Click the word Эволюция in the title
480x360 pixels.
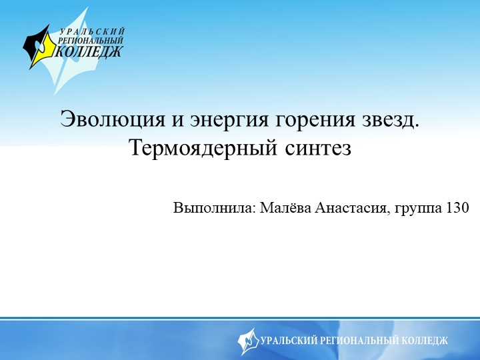(x=101, y=120)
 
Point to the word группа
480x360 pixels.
(x=418, y=208)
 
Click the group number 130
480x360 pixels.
(x=457, y=207)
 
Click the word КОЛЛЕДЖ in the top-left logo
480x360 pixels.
(x=89, y=52)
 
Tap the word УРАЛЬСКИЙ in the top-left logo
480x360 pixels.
(x=93, y=31)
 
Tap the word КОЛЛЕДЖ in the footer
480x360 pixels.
(x=425, y=341)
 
